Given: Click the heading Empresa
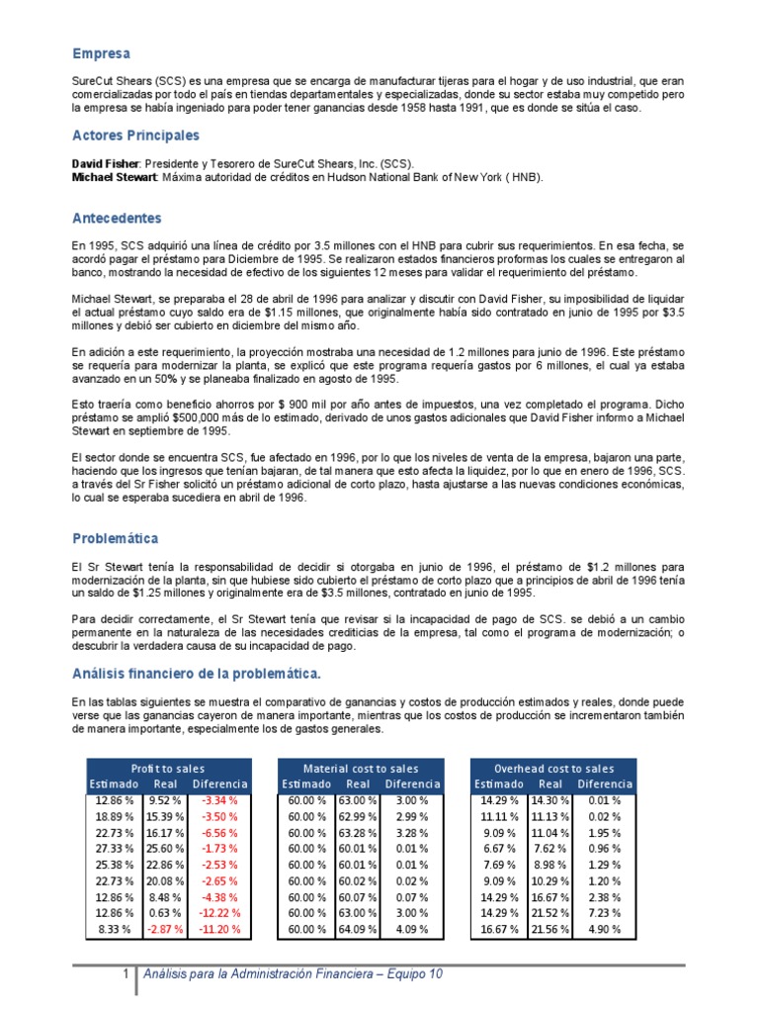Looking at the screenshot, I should (x=102, y=53).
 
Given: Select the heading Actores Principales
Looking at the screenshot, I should (x=135, y=135).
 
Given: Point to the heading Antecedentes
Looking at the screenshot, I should (x=117, y=218).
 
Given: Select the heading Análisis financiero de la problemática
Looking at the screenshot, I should (x=196, y=674).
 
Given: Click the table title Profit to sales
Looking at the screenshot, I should (x=168, y=768).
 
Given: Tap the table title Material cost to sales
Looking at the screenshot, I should (x=360, y=768).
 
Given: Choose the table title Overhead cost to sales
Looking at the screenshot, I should (x=553, y=768).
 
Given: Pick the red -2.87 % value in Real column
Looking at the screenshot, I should (x=164, y=930).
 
